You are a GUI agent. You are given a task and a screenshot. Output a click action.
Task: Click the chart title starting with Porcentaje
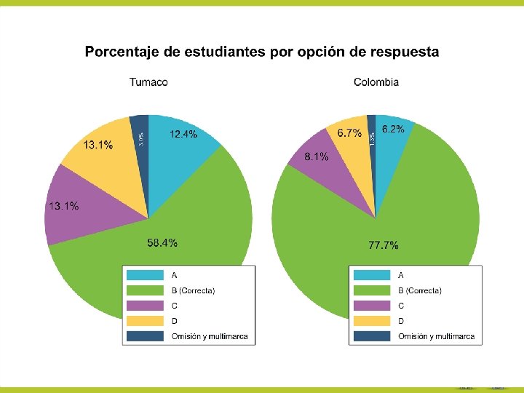[x=262, y=52]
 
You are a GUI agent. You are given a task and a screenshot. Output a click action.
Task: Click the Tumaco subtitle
[x=148, y=82]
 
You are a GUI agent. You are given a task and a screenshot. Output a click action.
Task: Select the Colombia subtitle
[x=376, y=82]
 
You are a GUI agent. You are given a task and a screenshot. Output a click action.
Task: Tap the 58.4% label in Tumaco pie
[x=162, y=243]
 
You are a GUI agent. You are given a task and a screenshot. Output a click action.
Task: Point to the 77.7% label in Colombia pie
[x=383, y=246]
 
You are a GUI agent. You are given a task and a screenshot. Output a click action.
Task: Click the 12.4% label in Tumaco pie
[x=183, y=134]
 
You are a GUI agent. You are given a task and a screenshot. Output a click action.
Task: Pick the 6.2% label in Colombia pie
[x=393, y=129]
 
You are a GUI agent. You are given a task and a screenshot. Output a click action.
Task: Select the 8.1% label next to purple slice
[x=317, y=156]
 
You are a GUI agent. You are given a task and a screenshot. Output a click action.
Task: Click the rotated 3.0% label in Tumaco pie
[x=140, y=137]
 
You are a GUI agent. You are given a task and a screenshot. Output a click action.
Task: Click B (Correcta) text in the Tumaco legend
[x=193, y=290]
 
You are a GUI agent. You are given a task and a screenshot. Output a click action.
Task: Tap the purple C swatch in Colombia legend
[x=371, y=306]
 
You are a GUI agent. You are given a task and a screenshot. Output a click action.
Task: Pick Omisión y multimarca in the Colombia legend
[x=437, y=336]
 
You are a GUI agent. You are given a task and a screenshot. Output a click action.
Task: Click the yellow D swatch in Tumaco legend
[x=145, y=321]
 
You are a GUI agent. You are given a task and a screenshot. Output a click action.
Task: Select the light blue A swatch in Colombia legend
[x=371, y=275]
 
